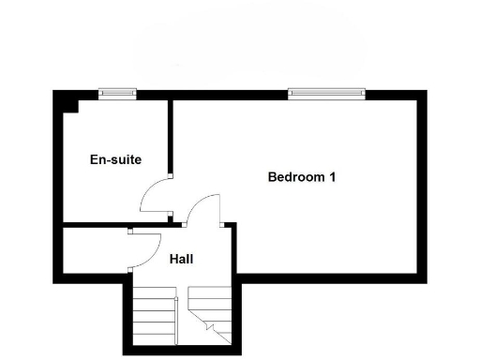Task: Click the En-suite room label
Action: click(x=115, y=159)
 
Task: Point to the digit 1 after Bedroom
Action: click(x=332, y=176)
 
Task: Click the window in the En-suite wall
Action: click(x=118, y=93)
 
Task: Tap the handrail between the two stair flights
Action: click(x=179, y=319)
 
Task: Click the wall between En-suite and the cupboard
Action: click(x=94, y=225)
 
